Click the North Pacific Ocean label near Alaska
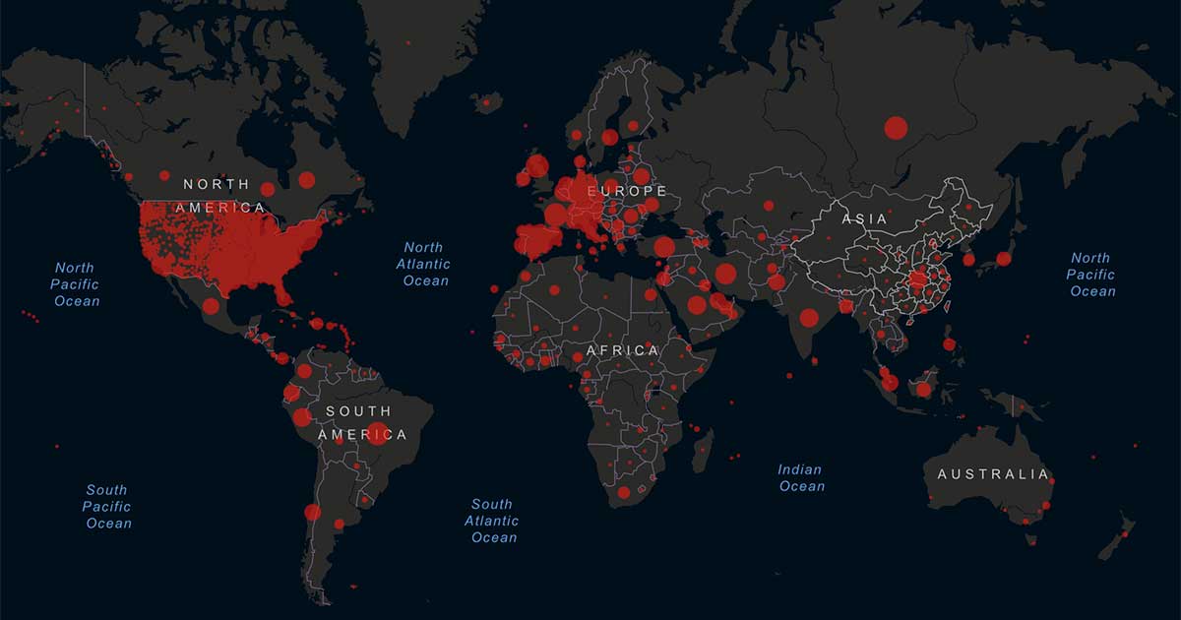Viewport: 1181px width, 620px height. tap(76, 283)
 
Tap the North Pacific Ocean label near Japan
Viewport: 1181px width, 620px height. tap(1091, 275)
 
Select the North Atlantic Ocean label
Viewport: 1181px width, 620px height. tap(424, 264)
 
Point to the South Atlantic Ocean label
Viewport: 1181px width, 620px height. tap(492, 521)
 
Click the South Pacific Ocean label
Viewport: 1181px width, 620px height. tap(107, 506)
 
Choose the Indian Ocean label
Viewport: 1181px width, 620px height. tap(801, 478)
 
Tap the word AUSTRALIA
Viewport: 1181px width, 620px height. tap(992, 474)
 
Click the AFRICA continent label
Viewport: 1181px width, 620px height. tap(622, 350)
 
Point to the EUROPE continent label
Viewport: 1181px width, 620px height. tap(627, 191)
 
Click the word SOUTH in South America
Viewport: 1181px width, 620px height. tap(358, 411)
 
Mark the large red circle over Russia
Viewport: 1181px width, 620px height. tap(896, 127)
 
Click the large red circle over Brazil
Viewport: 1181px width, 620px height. tap(377, 433)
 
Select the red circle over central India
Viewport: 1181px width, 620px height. tap(809, 317)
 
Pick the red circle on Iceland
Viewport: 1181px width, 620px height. tap(485, 98)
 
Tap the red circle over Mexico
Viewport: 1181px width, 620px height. tap(211, 306)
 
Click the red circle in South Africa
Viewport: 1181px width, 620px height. tap(623, 492)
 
